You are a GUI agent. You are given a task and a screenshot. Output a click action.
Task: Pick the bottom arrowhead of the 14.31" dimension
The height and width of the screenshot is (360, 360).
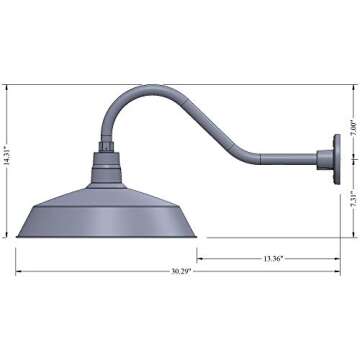click(x=10, y=236)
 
